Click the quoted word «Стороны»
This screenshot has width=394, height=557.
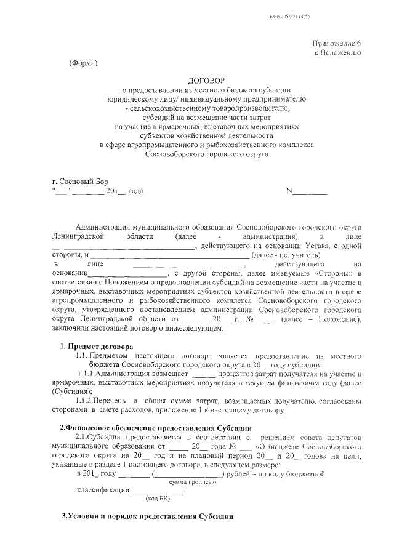[x=334, y=273]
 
